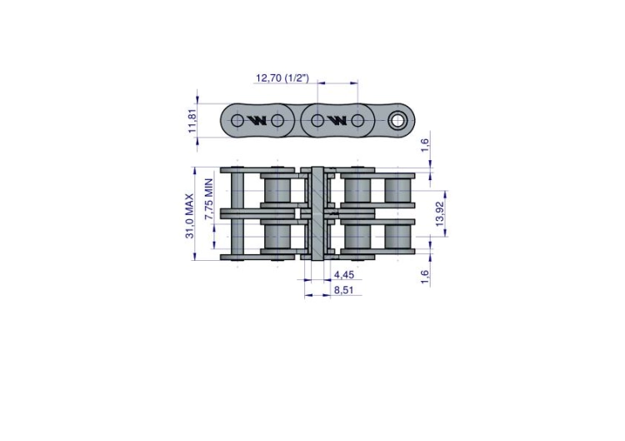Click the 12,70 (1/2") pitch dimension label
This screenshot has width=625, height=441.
point(282,78)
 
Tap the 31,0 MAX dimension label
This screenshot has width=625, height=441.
point(189,216)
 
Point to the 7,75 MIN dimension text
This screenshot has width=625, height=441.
point(208,199)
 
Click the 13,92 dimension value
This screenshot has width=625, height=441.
point(440,213)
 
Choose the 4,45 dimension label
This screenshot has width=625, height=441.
point(343,275)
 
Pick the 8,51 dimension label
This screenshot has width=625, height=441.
point(343,290)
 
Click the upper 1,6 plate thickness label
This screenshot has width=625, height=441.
point(425,144)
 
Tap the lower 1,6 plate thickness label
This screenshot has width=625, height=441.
point(425,277)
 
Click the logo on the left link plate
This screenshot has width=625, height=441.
point(257,120)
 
